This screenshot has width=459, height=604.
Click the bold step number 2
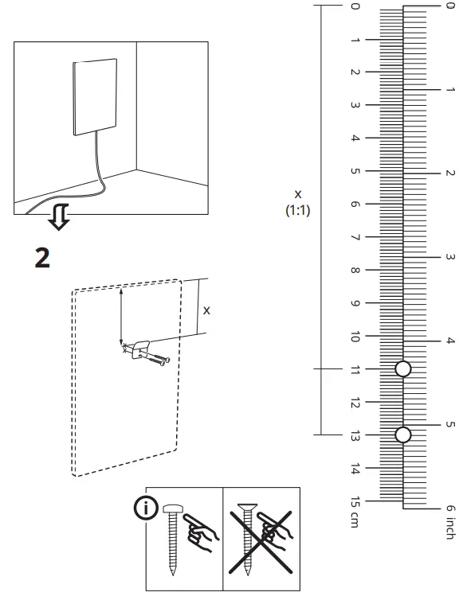coord(41,257)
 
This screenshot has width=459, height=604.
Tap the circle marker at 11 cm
coord(403,368)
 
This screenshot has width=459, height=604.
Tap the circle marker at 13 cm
coord(403,434)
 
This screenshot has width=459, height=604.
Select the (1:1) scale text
coord(298,211)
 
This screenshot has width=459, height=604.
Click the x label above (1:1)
coord(298,193)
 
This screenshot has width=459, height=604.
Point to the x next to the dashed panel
coord(206,310)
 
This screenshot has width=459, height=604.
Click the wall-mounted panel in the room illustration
coord(95,97)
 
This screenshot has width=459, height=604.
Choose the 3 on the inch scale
coord(449,257)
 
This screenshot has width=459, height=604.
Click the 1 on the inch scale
coord(449,89)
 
